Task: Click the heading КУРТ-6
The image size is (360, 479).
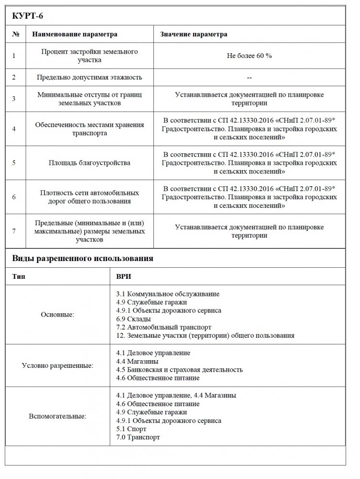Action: tap(28, 16)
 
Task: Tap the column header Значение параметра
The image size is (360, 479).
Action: tap(194, 34)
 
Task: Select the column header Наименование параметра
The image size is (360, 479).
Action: tap(74, 34)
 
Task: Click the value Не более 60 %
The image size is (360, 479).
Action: tap(249, 56)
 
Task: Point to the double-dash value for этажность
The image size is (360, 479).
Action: tap(249, 77)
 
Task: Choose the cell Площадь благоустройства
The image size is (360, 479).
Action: tap(89, 163)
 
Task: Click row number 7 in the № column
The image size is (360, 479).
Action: tap(14, 231)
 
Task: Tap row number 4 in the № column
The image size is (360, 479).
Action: tap(14, 129)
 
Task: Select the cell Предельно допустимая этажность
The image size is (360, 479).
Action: tap(89, 77)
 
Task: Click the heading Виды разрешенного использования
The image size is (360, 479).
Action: tap(82, 259)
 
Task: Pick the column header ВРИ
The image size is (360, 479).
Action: tap(124, 277)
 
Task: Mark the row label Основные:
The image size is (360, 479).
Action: tap(58, 315)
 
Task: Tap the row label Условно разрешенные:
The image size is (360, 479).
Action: tap(58, 365)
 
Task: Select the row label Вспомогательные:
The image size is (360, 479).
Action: tap(58, 416)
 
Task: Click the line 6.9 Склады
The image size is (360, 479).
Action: tap(134, 319)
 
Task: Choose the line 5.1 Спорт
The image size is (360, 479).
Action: tap(131, 429)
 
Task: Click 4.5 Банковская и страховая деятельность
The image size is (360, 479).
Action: tap(179, 370)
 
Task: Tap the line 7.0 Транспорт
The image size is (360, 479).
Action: tap(138, 437)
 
